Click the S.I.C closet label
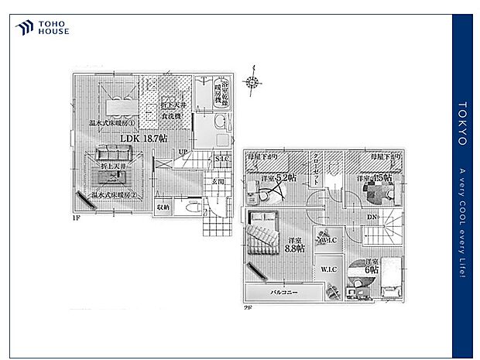tap(222, 159)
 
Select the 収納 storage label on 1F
tap(162, 207)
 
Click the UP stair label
tap(183, 152)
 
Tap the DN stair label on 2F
tap(372, 216)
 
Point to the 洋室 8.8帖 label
tap(293, 243)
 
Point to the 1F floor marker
tap(77, 219)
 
